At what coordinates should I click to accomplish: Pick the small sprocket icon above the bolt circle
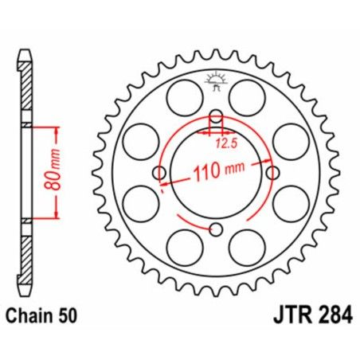click(x=215, y=79)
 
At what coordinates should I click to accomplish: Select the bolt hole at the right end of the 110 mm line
click(x=273, y=173)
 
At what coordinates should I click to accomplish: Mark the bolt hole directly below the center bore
click(x=216, y=231)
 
